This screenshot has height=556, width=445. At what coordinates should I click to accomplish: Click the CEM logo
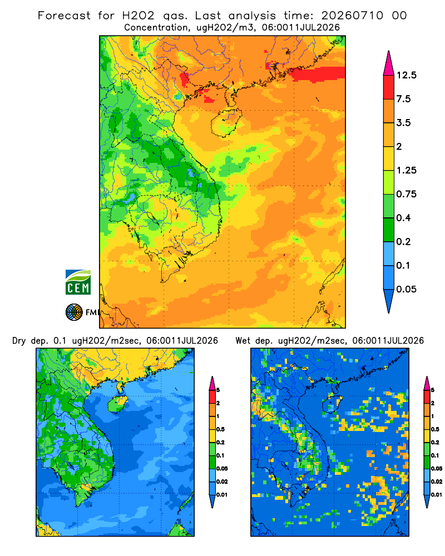pyautogui.click(x=78, y=282)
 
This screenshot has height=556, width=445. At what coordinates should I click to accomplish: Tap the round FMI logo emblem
pyautogui.click(x=74, y=312)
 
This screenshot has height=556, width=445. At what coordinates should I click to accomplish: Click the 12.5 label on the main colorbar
pyautogui.click(x=406, y=75)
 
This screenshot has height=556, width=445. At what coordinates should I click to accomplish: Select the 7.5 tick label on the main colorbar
pyautogui.click(x=403, y=99)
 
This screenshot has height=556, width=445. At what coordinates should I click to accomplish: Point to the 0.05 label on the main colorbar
pyautogui.click(x=406, y=289)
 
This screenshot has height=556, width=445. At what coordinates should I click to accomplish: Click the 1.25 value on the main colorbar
pyautogui.click(x=406, y=170)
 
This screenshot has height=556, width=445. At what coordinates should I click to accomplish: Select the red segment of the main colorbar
pyautogui.click(x=389, y=87)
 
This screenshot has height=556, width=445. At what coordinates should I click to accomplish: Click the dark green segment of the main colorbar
pyautogui.click(x=389, y=230)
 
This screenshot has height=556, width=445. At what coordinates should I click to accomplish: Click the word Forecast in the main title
pyautogui.click(x=64, y=16)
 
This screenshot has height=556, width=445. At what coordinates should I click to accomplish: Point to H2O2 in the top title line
pyautogui.click(x=139, y=16)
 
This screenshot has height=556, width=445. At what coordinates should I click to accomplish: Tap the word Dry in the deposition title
pyautogui.click(x=19, y=341)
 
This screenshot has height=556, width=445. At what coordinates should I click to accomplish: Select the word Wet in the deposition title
pyautogui.click(x=243, y=341)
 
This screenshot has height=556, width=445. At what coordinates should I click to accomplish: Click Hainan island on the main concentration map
pyautogui.click(x=226, y=123)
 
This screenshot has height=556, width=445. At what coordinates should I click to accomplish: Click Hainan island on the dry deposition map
pyautogui.click(x=117, y=404)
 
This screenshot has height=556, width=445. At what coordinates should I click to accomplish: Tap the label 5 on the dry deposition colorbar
pyautogui.click(x=218, y=390)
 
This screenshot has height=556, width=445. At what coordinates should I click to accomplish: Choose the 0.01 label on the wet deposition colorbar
pyautogui.click(x=437, y=495)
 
